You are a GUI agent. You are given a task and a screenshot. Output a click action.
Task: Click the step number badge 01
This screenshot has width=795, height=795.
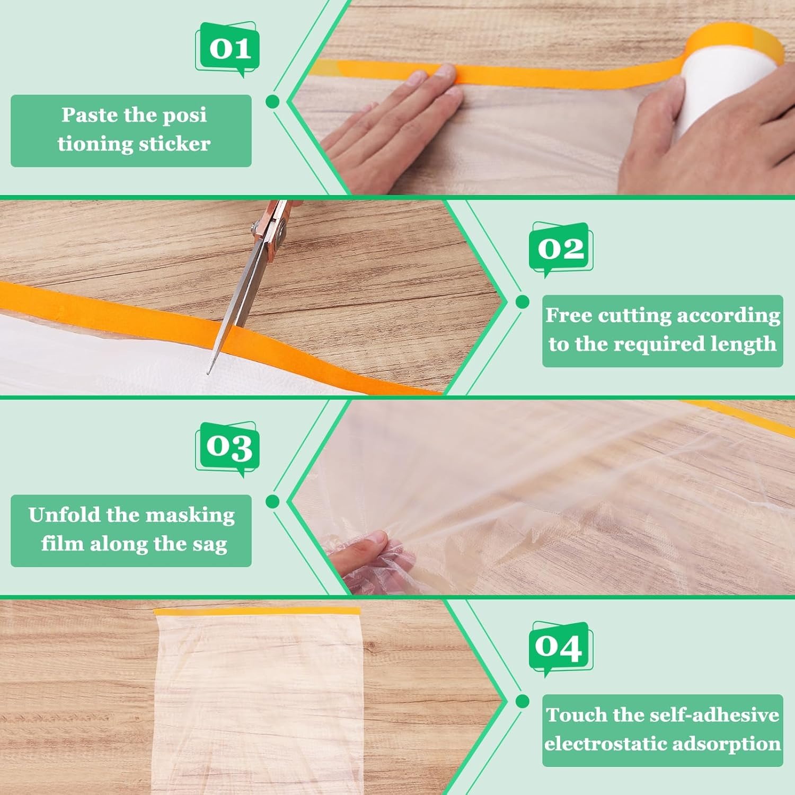pos(228,49)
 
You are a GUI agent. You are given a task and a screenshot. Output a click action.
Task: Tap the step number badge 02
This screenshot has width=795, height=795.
pos(561,248)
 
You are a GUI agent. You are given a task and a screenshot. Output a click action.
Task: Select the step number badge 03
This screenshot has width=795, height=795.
pos(228,448)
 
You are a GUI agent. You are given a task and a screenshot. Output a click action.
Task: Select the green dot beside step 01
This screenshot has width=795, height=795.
pos(272,101)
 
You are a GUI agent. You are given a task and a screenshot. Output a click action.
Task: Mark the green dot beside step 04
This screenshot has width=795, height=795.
pos(522,701)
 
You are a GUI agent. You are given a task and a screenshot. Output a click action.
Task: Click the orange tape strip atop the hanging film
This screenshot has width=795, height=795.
pos(257,611)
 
